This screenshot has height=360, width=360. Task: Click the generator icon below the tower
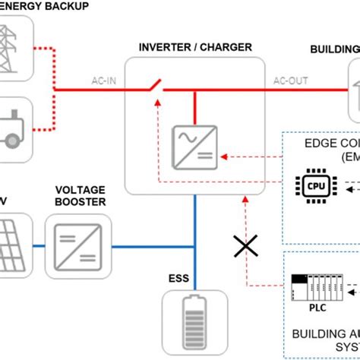pos(13,129)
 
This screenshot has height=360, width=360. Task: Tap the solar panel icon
pos(13,244)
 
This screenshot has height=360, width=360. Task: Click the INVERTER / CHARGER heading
pos(195,47)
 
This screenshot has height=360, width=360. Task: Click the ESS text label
pos(180,278)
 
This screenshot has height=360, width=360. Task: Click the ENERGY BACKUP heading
pos(46,6)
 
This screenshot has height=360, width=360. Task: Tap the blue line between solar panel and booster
pos(39,245)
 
